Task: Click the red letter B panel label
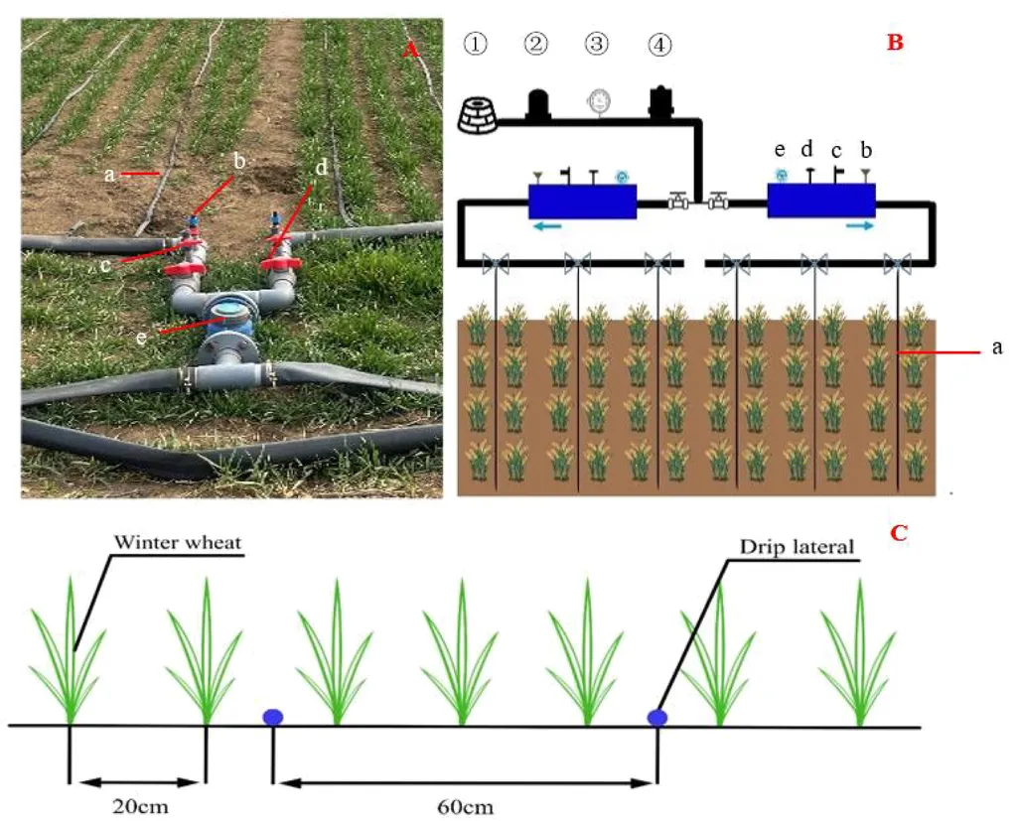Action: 894,43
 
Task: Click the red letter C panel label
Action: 898,533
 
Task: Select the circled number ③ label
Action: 596,44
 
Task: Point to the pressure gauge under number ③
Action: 598,101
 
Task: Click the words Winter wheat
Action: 178,543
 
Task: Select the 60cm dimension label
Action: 463,805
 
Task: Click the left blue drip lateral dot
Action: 272,717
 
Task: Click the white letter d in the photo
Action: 320,168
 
